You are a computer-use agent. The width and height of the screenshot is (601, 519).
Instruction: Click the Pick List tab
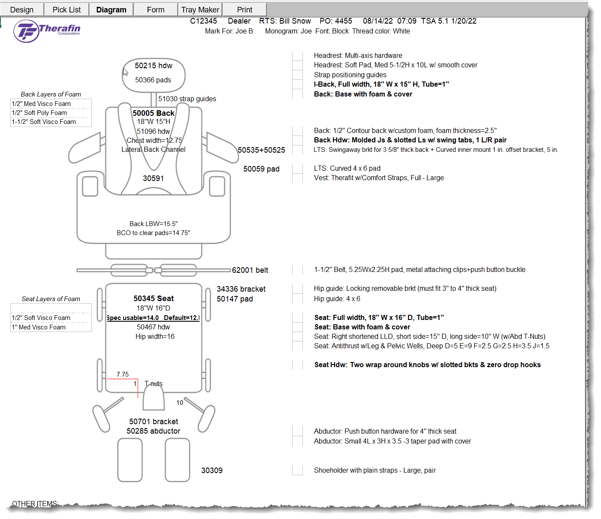click(66, 9)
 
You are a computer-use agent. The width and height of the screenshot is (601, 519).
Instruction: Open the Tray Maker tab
click(200, 9)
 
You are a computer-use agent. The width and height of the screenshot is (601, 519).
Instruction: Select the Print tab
click(245, 9)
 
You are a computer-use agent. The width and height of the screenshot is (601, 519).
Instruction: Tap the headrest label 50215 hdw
click(153, 66)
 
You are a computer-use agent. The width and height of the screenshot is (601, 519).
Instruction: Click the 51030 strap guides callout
click(187, 99)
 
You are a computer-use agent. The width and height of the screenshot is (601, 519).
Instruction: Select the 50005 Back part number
click(153, 113)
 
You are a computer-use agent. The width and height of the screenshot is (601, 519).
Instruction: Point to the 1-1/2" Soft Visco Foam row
click(44, 122)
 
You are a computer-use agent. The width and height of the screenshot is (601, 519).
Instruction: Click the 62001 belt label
click(250, 270)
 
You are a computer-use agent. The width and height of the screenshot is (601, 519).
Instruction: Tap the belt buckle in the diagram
click(154, 270)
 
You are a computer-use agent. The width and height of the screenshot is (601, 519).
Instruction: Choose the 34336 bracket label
click(241, 289)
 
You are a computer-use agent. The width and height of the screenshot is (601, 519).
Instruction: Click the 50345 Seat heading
click(154, 299)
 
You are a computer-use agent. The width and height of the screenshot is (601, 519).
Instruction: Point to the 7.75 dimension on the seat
click(123, 374)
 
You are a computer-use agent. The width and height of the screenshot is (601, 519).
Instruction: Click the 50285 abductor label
click(153, 431)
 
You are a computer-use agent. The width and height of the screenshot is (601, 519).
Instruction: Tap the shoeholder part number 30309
click(212, 471)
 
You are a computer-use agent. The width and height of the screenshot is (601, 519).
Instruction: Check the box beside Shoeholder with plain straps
click(297, 470)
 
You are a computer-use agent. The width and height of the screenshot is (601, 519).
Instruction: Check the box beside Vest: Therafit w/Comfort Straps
click(297, 178)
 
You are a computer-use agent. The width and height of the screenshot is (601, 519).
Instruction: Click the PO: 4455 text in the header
click(335, 21)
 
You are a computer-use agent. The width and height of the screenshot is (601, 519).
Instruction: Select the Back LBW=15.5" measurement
click(153, 224)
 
